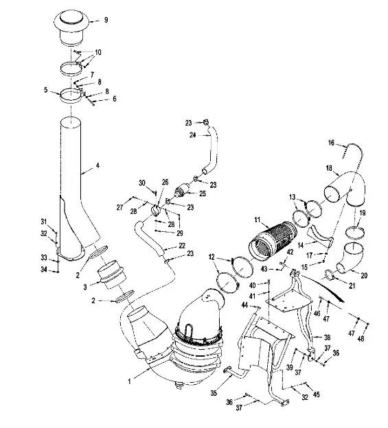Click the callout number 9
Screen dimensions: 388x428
pos(106,20)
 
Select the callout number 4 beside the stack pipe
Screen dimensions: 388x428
pos(98,165)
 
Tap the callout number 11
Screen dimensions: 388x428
pos(258,219)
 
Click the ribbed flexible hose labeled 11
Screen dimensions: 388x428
pos(273,239)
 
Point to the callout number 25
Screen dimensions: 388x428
pos(202,193)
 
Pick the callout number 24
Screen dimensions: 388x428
pos(193,135)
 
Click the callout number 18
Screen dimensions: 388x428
pos(329,168)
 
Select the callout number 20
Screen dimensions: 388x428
pos(364,276)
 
